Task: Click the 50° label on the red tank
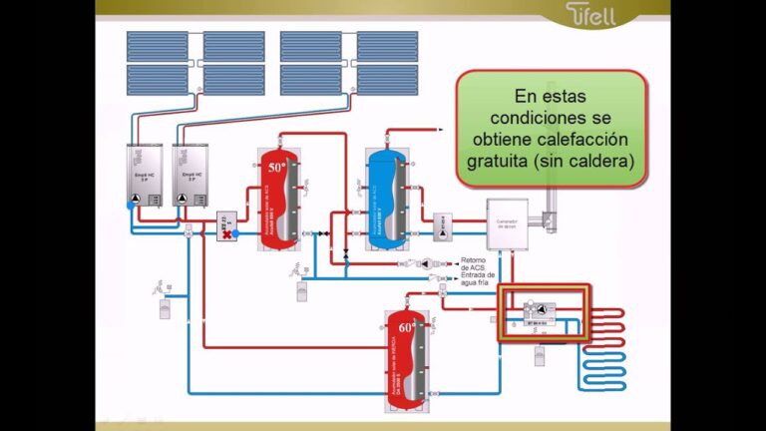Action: click(x=276, y=167)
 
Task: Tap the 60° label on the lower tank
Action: click(x=406, y=327)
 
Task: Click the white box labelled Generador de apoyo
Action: click(x=510, y=223)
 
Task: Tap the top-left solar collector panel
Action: click(x=158, y=46)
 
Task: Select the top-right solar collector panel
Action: click(x=387, y=46)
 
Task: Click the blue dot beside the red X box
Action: click(x=236, y=232)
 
